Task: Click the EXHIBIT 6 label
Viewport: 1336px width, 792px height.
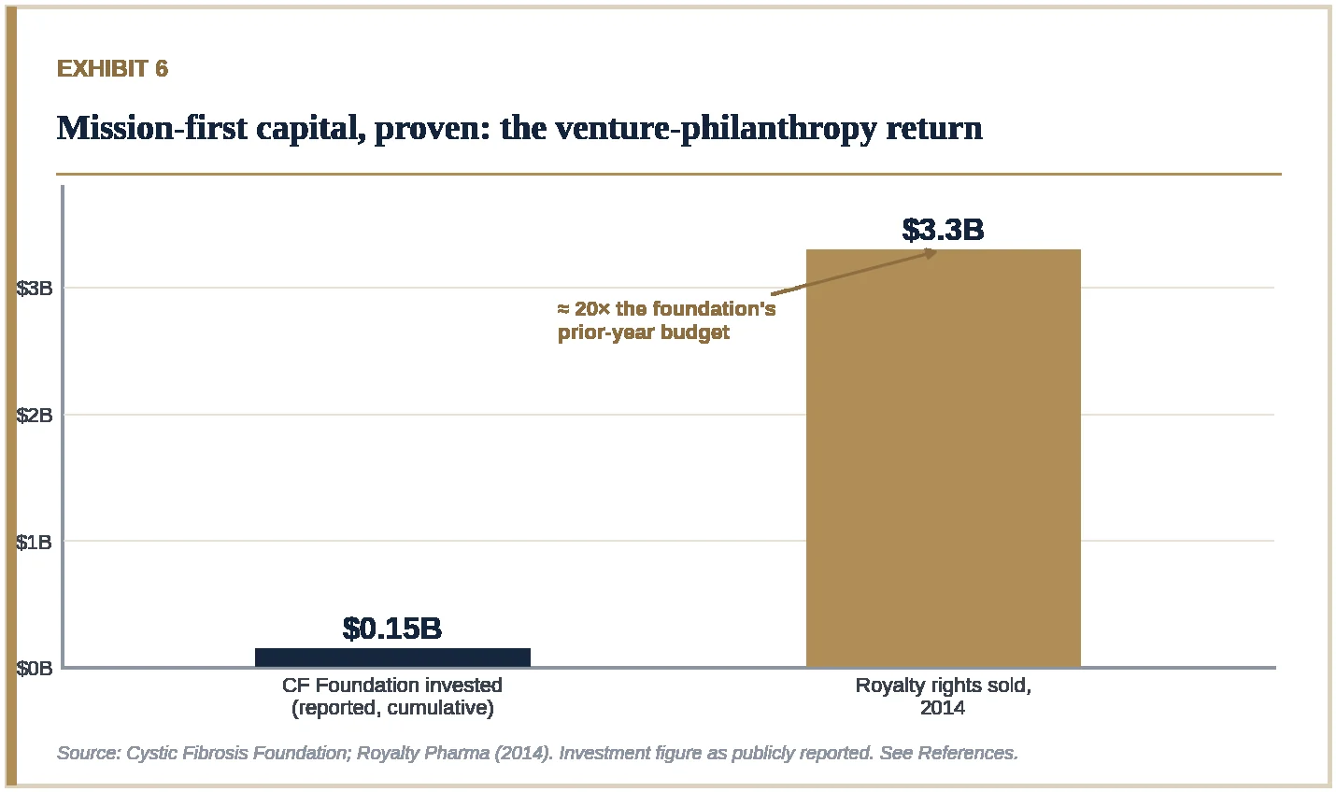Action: click(x=112, y=68)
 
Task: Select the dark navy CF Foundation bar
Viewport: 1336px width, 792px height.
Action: click(x=392, y=658)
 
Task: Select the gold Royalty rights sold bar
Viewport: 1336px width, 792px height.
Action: click(x=944, y=458)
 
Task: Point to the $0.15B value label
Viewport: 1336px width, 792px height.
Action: click(x=392, y=629)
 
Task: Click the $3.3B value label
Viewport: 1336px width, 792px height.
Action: click(x=943, y=230)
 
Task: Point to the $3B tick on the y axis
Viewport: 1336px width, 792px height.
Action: click(x=34, y=289)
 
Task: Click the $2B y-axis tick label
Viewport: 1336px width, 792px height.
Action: click(x=34, y=415)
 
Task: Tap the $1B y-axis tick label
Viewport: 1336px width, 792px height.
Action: click(x=34, y=542)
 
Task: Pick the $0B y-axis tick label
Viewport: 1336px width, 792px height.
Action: click(x=34, y=669)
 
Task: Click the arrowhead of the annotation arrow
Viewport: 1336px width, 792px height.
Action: click(x=931, y=253)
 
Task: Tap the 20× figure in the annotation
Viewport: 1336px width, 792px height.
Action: click(x=592, y=309)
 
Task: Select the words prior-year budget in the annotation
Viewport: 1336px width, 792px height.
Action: click(x=644, y=332)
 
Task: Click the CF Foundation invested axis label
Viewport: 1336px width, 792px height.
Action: click(x=392, y=686)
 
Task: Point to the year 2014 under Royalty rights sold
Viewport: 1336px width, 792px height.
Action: click(x=943, y=708)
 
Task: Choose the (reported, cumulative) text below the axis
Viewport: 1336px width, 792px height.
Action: click(x=392, y=708)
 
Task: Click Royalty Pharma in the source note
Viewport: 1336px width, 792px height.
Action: click(x=423, y=753)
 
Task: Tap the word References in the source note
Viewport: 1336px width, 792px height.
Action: click(x=967, y=753)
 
